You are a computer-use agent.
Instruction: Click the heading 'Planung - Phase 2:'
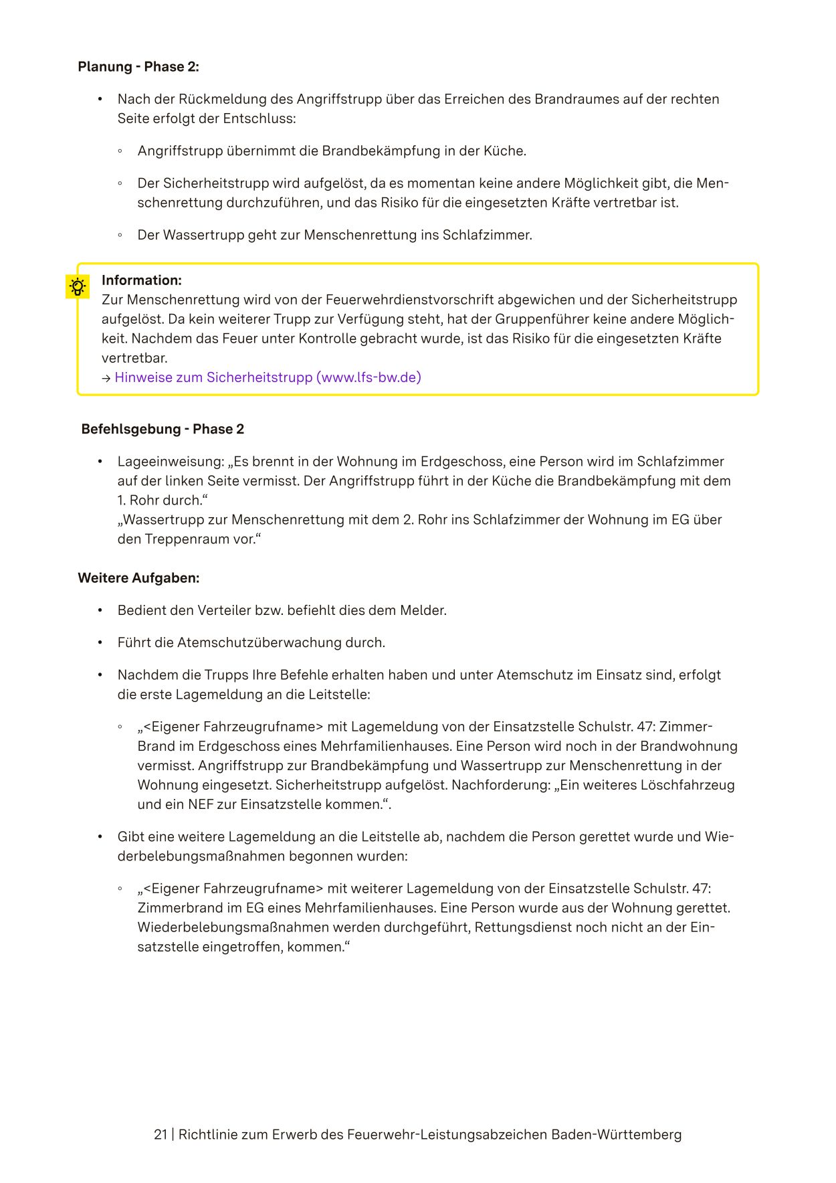pyautogui.click(x=138, y=67)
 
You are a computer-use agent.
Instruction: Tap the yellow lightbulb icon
pyautogui.click(x=78, y=287)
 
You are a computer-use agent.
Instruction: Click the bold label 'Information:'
pyautogui.click(x=142, y=280)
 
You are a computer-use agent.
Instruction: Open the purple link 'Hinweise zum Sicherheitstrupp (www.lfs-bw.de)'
pyautogui.click(x=268, y=377)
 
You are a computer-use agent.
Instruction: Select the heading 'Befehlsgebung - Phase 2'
pyautogui.click(x=163, y=430)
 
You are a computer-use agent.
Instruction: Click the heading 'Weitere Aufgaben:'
pyautogui.click(x=138, y=578)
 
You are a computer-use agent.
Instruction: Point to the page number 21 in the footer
pyautogui.click(x=161, y=1135)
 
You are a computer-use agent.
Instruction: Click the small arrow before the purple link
pyautogui.click(x=106, y=378)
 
